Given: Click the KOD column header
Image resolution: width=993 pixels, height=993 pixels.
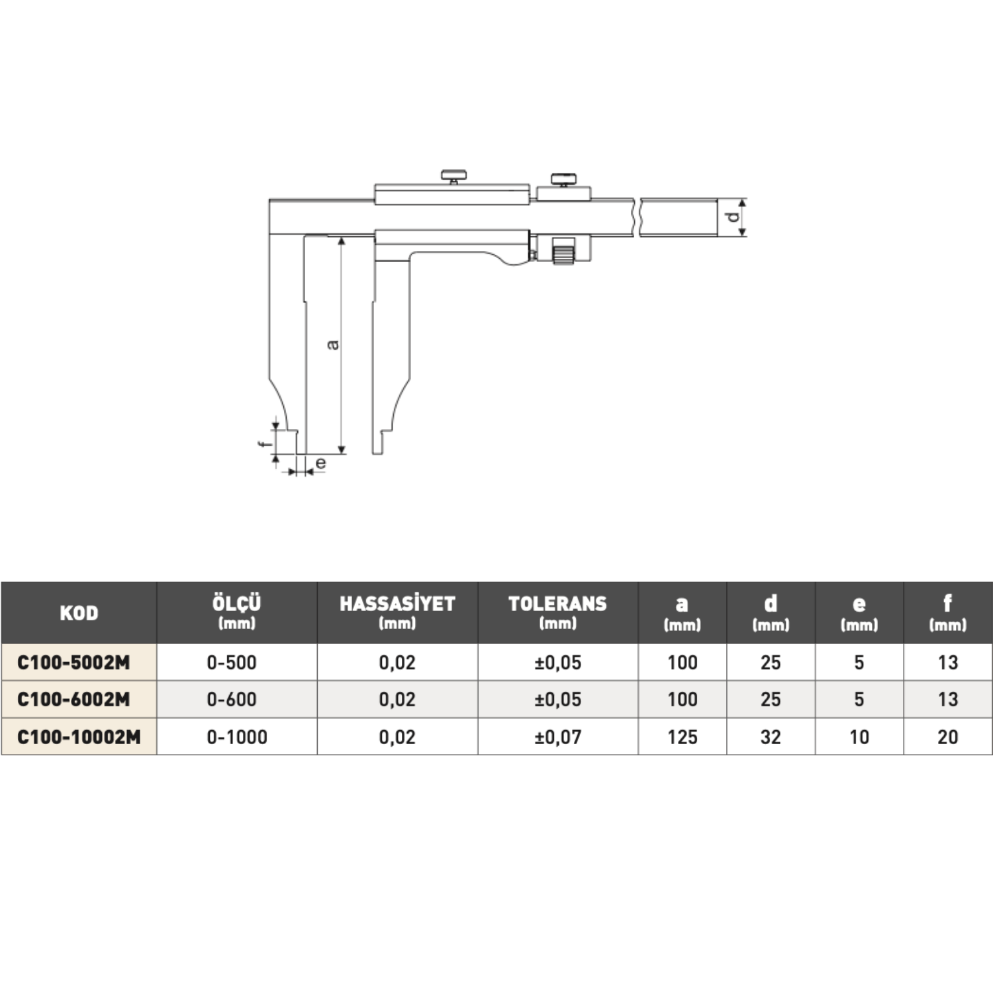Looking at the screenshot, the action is pyautogui.click(x=79, y=613).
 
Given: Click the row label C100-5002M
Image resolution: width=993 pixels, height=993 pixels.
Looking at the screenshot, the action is pyautogui.click(x=73, y=663).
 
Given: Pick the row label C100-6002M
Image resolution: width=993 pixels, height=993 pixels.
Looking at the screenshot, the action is pyautogui.click(x=73, y=700).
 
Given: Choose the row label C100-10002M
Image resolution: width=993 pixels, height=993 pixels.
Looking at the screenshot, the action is pyautogui.click(x=79, y=737).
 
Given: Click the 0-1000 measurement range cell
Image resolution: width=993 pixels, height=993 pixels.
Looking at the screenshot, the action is pyautogui.click(x=237, y=737).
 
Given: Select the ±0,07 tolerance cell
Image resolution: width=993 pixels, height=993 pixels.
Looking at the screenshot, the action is pyautogui.click(x=557, y=737).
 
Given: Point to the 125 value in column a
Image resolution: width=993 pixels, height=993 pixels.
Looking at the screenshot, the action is pyautogui.click(x=683, y=737).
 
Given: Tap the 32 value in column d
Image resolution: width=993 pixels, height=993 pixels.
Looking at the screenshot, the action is pyautogui.click(x=771, y=737).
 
